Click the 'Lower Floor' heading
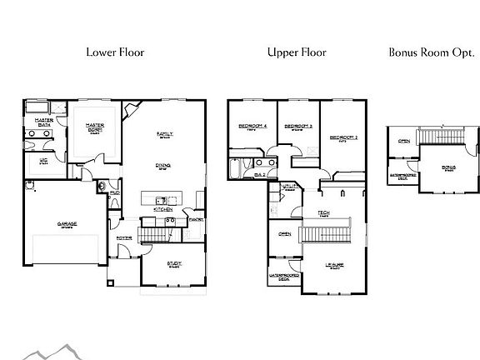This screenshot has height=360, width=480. (115, 52)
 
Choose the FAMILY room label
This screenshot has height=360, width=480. (164, 133)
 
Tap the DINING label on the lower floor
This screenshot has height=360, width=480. (163, 165)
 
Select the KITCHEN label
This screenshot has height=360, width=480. (162, 209)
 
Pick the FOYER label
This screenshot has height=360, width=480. (124, 237)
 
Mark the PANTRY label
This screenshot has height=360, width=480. (197, 219)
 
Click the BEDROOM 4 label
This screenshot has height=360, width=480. (252, 126)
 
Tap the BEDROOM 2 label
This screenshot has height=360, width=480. (342, 137)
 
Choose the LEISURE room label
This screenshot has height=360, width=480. (334, 265)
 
